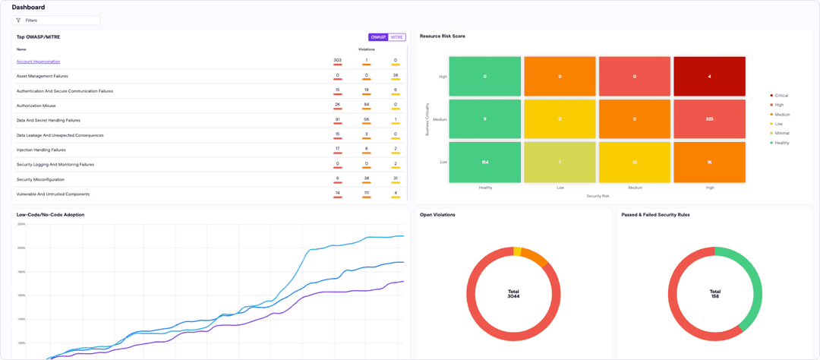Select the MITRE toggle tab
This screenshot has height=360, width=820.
point(397,37)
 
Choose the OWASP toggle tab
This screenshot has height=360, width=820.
point(378,37)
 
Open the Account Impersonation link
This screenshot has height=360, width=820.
point(38,62)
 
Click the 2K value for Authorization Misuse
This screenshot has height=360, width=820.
point(337,105)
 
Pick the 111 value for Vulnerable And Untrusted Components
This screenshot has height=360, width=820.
point(366,194)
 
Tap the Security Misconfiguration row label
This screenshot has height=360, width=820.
point(40,179)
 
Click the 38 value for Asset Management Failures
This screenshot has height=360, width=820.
point(395,75)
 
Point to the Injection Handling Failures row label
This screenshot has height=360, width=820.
point(41,150)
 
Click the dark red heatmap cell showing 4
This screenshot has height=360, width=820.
point(709,77)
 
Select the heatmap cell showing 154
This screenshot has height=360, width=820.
point(484,163)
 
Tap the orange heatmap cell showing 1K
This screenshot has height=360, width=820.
point(709,163)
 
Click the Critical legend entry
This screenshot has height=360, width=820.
point(781,96)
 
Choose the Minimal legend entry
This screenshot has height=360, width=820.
point(781,133)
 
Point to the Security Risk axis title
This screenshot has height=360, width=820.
point(597,196)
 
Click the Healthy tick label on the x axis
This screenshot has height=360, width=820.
point(484,188)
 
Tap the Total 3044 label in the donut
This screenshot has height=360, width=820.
point(513,293)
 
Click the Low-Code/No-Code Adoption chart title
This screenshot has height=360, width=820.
point(50,215)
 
